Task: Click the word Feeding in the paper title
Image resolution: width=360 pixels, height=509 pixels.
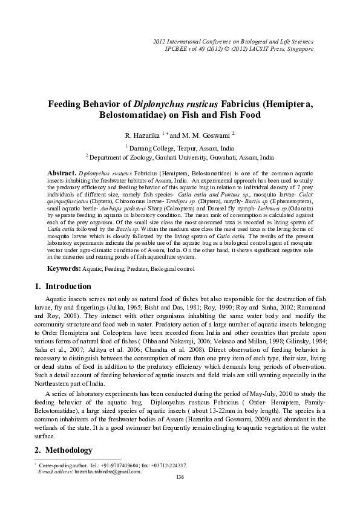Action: (x=68, y=103)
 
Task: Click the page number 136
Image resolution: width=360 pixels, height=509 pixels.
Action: (x=180, y=478)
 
